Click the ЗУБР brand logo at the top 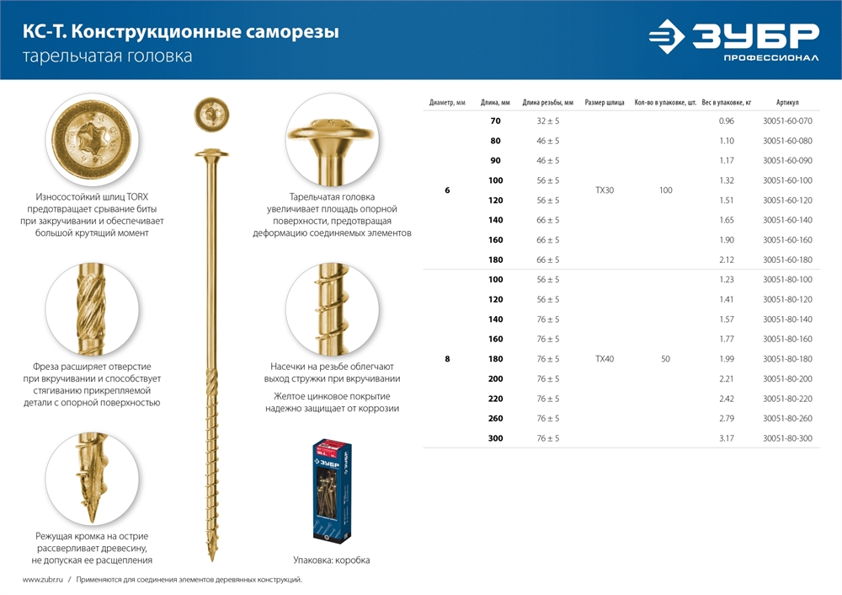point(733,40)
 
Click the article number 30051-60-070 point(787,121)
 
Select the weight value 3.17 point(727,438)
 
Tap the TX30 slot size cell point(605,190)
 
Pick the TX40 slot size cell point(605,359)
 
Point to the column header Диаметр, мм point(447,103)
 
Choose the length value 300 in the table point(495,438)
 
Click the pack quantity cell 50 point(665,359)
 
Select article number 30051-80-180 point(787,359)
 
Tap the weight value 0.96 point(727,121)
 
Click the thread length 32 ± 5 point(547,121)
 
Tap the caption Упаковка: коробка point(331,560)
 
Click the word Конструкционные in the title point(153,33)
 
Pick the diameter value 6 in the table point(447,190)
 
